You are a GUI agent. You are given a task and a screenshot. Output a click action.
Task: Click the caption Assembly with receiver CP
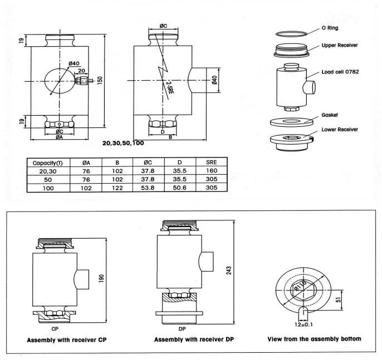click(62, 339)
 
